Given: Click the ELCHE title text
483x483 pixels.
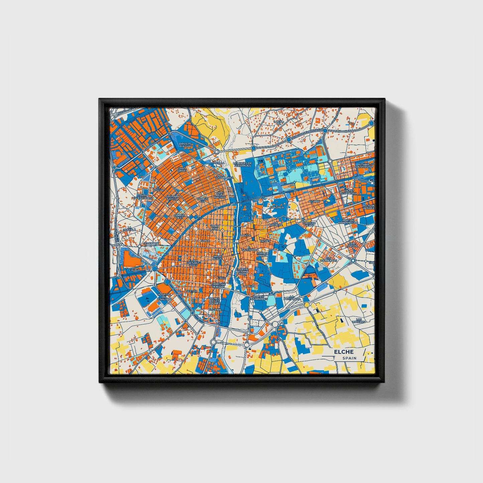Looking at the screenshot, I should (343, 352).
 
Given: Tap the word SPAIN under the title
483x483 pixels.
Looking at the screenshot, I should (349, 358).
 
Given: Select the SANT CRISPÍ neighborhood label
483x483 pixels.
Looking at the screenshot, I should (182, 170).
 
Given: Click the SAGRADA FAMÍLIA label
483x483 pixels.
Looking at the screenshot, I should (173, 198).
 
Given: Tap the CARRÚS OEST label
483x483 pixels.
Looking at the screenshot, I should (179, 217).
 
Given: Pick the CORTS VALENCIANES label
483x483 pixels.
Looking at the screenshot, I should (142, 197).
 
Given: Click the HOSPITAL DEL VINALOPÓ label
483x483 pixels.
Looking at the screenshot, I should (164, 297).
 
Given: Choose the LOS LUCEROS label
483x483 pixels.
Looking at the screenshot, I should (359, 321).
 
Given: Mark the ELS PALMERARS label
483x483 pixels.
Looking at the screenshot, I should (328, 259).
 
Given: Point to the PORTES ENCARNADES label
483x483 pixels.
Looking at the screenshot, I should (260, 297).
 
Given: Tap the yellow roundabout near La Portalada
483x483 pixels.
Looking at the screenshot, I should (307, 305).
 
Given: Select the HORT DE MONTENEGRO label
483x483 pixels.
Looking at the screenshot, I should (348, 221).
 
